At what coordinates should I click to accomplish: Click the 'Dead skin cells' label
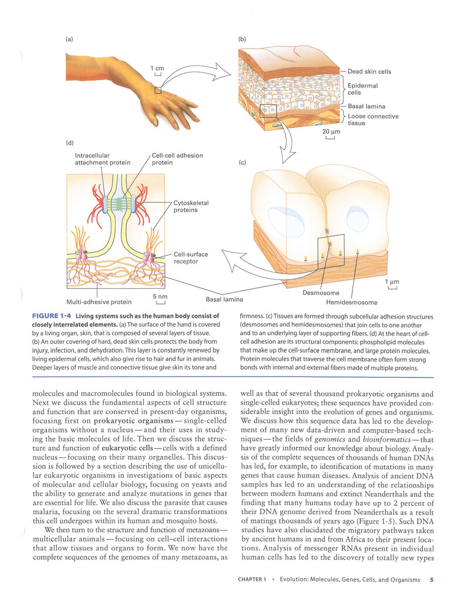(x=369, y=71)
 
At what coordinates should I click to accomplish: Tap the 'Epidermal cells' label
(x=362, y=89)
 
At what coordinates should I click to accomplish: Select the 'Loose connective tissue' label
(x=373, y=119)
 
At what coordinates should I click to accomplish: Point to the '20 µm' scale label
(x=331, y=131)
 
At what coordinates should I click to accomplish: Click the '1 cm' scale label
(x=157, y=68)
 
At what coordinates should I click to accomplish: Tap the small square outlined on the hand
(x=158, y=90)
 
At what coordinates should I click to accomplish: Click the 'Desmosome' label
(x=321, y=293)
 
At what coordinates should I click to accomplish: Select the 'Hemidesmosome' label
(x=351, y=303)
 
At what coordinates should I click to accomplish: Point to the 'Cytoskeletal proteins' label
(x=191, y=206)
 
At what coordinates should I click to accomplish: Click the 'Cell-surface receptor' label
(x=191, y=258)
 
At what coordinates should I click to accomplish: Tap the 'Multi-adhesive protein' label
(x=99, y=302)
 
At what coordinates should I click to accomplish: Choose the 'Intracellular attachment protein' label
(x=102, y=159)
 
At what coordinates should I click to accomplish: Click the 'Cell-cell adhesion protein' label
(x=177, y=159)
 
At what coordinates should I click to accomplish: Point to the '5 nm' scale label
(x=160, y=296)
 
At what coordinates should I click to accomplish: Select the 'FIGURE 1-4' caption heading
(x=52, y=316)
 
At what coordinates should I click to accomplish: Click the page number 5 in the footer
(x=432, y=580)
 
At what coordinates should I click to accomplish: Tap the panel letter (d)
(x=70, y=143)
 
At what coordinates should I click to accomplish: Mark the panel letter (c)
(x=242, y=163)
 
